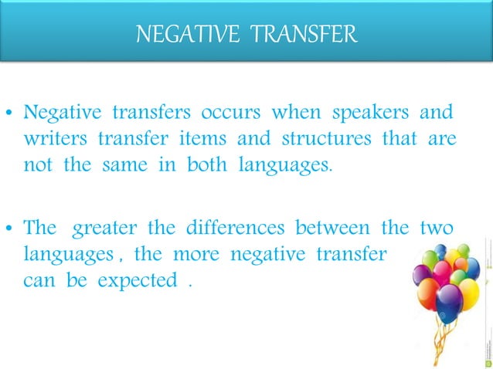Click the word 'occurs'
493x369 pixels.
(230, 113)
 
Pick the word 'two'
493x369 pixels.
(436, 229)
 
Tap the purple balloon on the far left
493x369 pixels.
(423, 275)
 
